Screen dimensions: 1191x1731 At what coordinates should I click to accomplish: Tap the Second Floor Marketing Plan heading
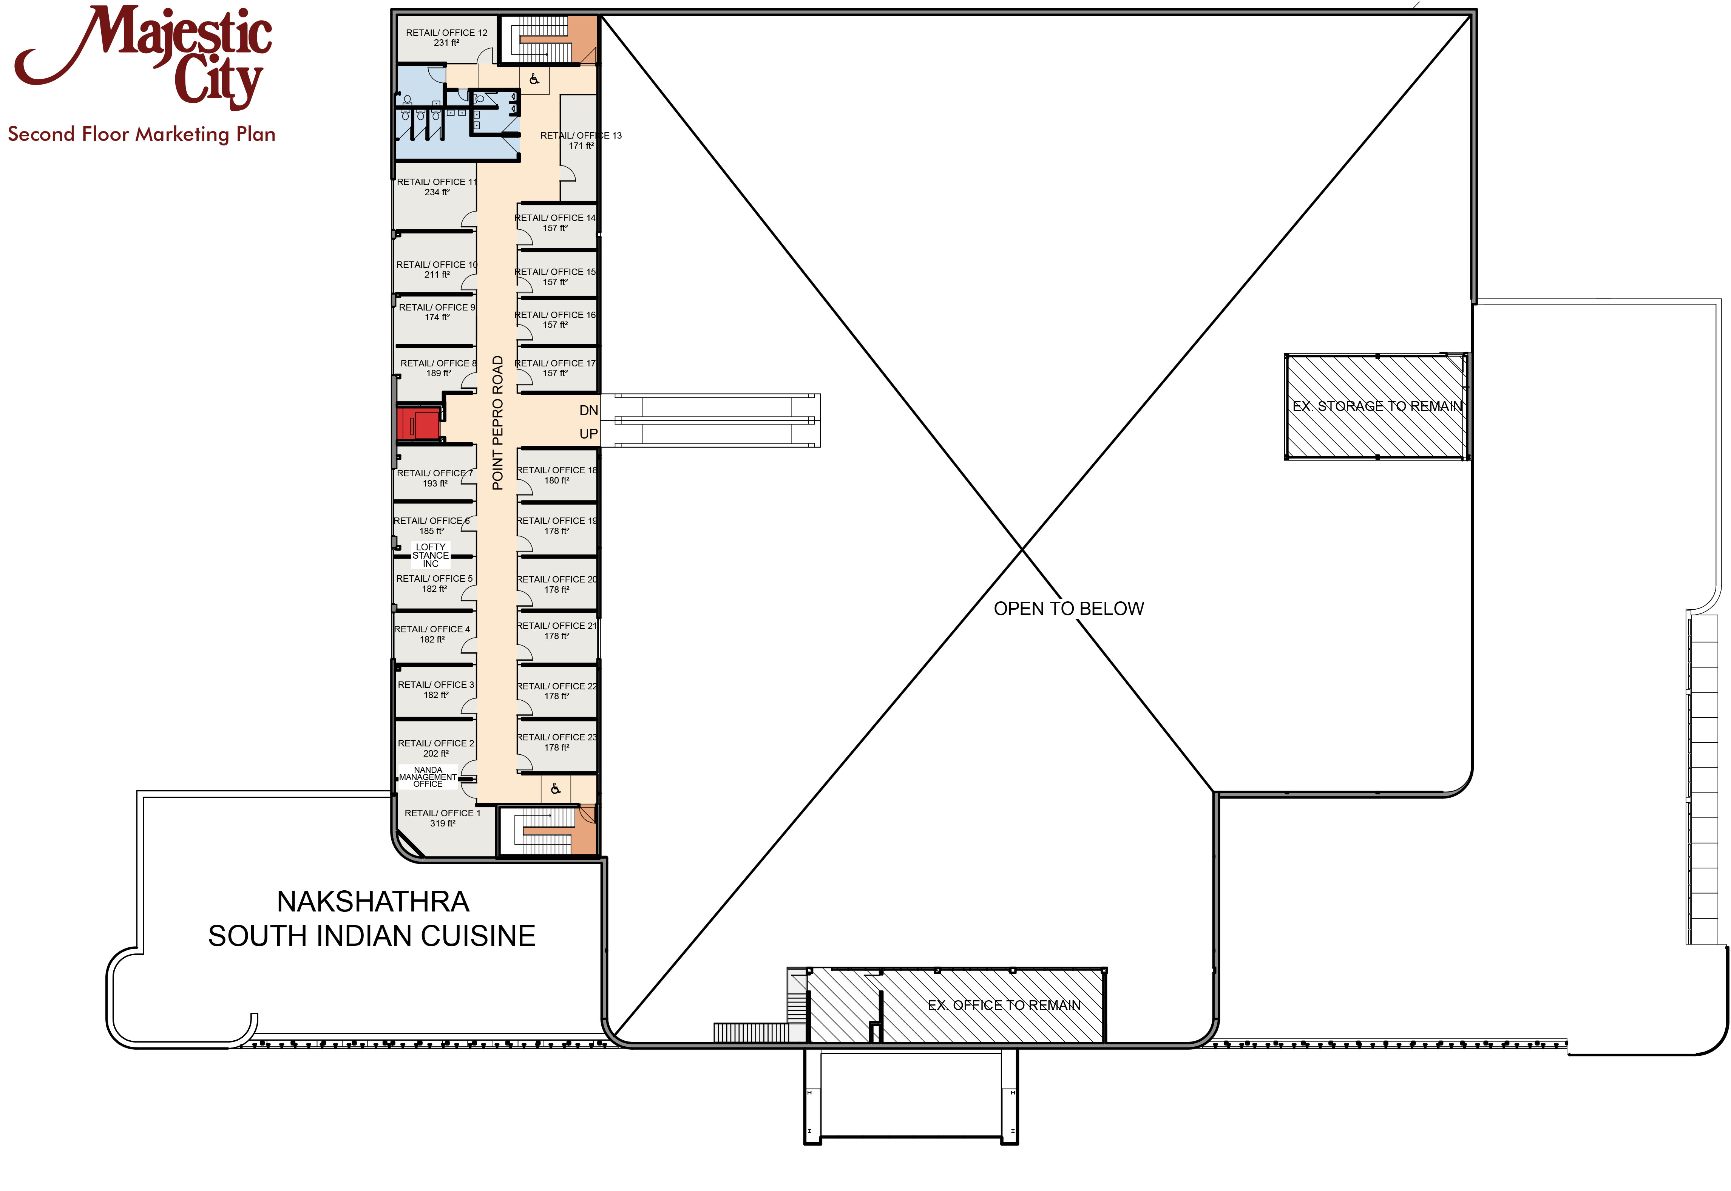[x=142, y=134]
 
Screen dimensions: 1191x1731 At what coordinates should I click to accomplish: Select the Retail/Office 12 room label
[x=446, y=33]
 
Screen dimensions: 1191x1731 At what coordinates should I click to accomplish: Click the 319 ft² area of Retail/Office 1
[x=442, y=824]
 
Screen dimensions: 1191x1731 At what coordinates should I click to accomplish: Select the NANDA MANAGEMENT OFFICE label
[x=428, y=777]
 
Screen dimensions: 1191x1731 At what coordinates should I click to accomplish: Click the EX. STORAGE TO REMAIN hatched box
[x=1377, y=407]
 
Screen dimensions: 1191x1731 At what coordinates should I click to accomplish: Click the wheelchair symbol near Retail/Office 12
[x=534, y=79]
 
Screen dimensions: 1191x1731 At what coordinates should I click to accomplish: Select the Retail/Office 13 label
[x=581, y=136]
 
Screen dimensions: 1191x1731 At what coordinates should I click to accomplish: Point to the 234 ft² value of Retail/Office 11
[x=437, y=193]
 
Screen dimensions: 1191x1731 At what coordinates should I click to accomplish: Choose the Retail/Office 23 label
[x=557, y=737]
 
